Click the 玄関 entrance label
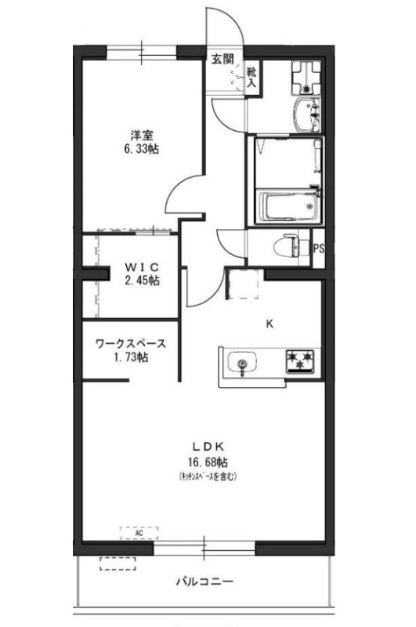tap(222, 58)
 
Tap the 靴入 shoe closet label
tap(252, 77)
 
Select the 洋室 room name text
tap(142, 134)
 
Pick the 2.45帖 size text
tap(142, 280)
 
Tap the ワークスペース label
tap(130, 342)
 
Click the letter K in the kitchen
tap(269, 321)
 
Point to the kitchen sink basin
tap(242, 363)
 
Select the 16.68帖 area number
tap(208, 460)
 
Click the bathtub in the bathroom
tap(285, 207)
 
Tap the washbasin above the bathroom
tap(303, 111)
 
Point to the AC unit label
tap(139, 532)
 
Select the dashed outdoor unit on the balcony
tap(118, 563)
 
